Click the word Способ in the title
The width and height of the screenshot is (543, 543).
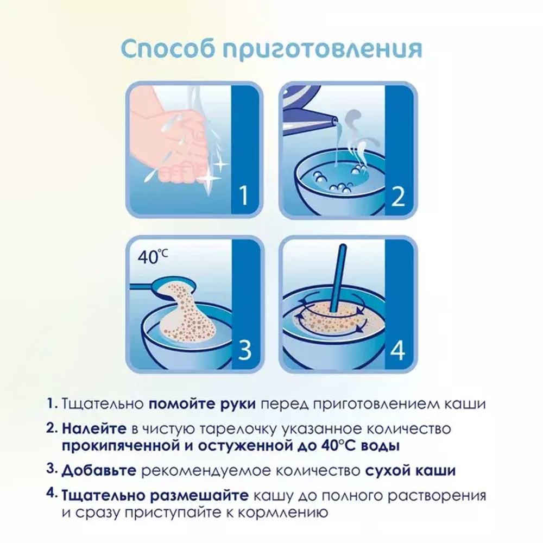167,48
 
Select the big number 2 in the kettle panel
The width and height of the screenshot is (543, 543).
398,196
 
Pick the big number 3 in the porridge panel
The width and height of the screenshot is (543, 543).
244,351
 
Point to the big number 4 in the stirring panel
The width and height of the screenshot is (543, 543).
398,351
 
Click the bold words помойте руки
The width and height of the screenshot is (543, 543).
203,405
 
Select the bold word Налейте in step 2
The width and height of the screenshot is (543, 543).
94,429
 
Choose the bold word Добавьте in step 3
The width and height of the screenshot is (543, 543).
100,470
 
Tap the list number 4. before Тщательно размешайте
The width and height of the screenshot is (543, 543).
52,494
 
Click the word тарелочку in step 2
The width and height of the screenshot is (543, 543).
232,429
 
